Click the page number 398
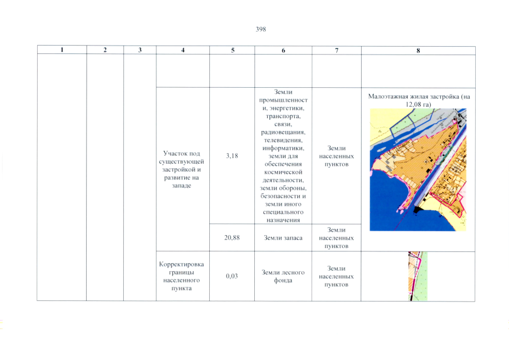[x=260, y=29]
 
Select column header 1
[x=62, y=49]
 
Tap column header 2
[x=105, y=49]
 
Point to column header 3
[x=140, y=50]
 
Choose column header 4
[x=183, y=50]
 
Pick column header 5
[x=232, y=50]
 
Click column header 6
[x=283, y=50]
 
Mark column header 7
[x=337, y=50]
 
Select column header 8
[x=418, y=51]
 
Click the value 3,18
[x=232, y=156]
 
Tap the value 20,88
[x=232, y=237]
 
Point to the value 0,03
[x=232, y=276]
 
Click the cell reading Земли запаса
[x=283, y=238]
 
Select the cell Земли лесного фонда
[x=283, y=276]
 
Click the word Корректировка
[x=182, y=264]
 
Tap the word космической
[x=283, y=172]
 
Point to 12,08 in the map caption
[x=412, y=105]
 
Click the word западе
[x=182, y=186]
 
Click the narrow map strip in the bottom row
[x=418, y=276]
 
